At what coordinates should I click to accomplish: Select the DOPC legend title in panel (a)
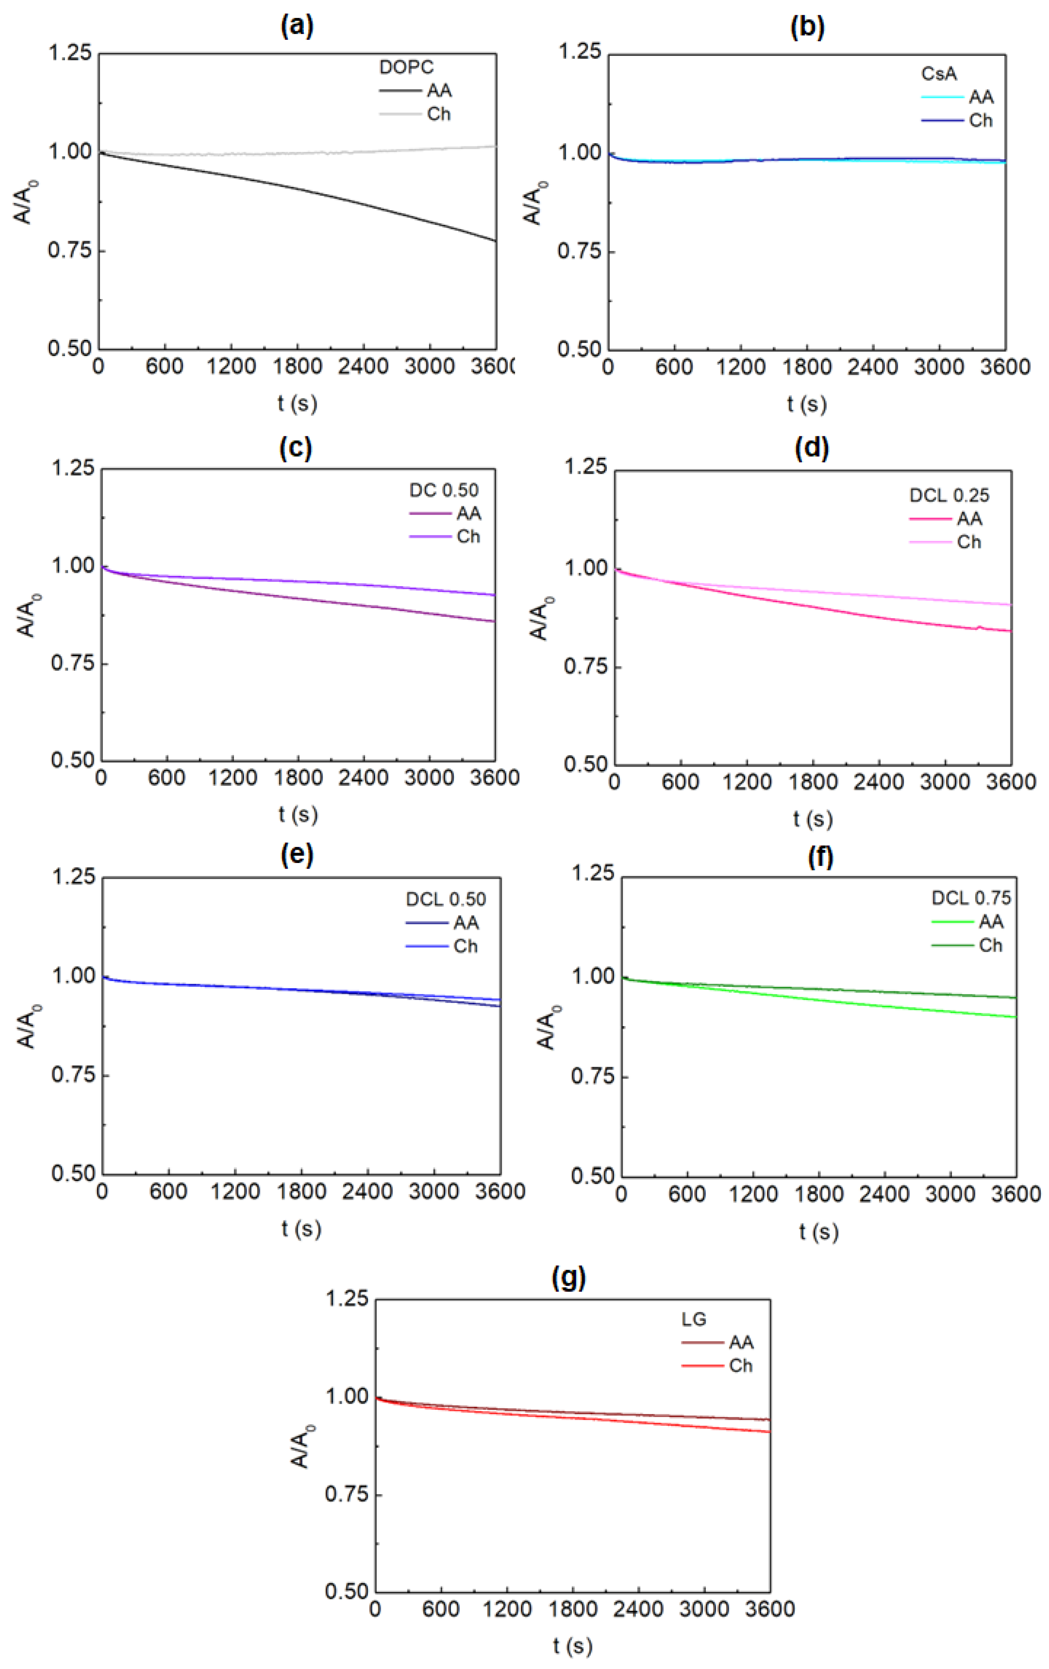pyautogui.click(x=406, y=67)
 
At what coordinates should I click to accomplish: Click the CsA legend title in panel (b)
pyautogui.click(x=939, y=73)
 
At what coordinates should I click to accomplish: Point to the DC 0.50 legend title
pyautogui.click(x=443, y=490)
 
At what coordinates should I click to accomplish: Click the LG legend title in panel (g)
pyautogui.click(x=694, y=1319)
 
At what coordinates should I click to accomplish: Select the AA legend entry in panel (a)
pyautogui.click(x=439, y=91)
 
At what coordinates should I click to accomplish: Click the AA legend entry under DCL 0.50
pyautogui.click(x=465, y=923)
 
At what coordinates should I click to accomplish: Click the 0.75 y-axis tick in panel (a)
pyautogui.click(x=70, y=250)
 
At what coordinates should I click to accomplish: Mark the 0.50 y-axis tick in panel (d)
pyautogui.click(x=585, y=764)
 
